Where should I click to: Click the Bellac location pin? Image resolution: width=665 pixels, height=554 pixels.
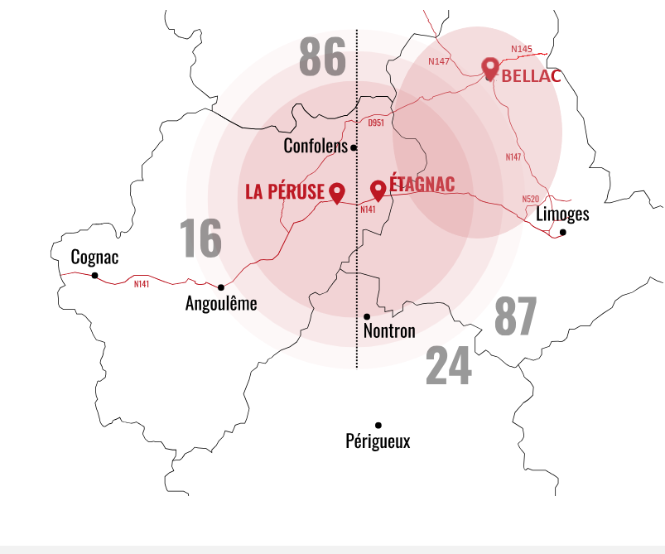pos(490,68)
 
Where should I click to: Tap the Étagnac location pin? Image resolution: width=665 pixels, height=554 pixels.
pos(378,190)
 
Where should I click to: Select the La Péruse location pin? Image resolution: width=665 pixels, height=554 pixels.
pos(336,192)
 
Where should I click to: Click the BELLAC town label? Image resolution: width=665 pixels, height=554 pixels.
pos(532,76)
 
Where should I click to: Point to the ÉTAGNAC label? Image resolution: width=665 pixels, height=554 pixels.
pos(422,185)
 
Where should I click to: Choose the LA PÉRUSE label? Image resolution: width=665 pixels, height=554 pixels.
pos(285,191)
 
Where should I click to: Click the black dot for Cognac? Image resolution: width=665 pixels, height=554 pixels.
pos(94,275)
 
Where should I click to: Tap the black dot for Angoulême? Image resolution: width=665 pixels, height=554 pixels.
pos(221,287)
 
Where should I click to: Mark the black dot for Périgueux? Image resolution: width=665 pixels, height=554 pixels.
pos(378,425)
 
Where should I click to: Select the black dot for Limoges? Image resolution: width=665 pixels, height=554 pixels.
pos(562,232)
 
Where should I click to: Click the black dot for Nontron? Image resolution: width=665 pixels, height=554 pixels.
pos(367,316)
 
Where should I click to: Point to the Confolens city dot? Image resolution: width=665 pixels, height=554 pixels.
pos(354,147)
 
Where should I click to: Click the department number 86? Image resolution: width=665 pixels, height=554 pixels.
pos(322,57)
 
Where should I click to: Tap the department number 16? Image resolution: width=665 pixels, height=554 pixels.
pos(200,238)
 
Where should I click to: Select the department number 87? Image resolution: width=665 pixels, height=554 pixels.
pos(515,316)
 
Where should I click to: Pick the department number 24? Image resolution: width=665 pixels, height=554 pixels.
pos(448,367)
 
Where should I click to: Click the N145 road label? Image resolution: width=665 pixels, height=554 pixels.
pos(522,50)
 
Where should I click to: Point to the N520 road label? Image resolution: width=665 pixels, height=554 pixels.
pos(531,199)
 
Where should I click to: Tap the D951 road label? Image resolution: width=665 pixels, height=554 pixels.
pos(376,123)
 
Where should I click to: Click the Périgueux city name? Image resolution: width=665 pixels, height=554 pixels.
pos(378,441)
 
